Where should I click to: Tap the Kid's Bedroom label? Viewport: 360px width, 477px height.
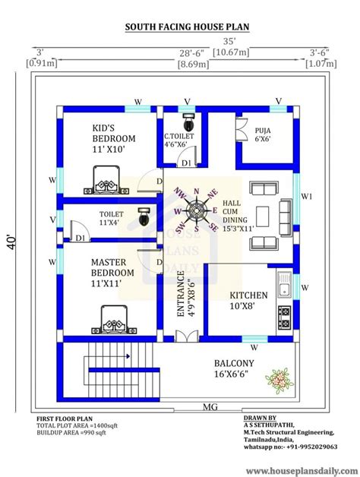click(114, 138)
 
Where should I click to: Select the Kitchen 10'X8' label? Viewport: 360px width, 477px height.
click(248, 301)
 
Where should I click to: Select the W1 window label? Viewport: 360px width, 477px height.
click(307, 195)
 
